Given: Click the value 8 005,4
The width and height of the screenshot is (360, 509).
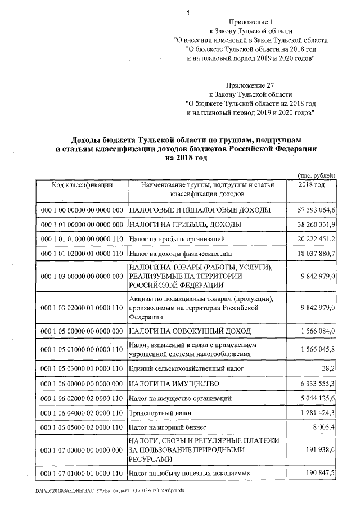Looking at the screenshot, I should click(323, 428).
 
